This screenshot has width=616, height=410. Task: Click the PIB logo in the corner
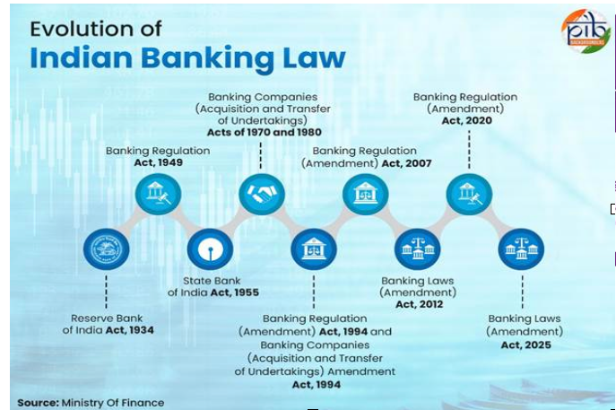click(x=585, y=32)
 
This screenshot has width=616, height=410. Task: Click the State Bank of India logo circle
click(x=210, y=249)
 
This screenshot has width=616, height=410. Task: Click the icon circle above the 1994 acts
click(x=314, y=249)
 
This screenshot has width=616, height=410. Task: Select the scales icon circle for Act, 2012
click(x=418, y=249)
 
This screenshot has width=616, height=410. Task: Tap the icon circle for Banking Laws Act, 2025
click(x=521, y=249)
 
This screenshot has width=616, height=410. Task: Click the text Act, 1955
click(x=235, y=292)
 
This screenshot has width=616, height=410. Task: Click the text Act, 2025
click(x=525, y=345)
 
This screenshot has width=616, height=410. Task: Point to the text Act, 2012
click(x=418, y=305)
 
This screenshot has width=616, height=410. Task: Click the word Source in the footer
click(x=37, y=403)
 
